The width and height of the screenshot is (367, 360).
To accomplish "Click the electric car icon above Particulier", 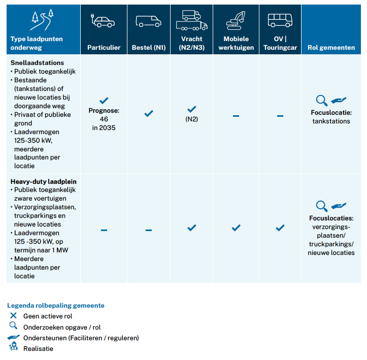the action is (103, 21).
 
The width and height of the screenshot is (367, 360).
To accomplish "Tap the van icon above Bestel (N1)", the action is (148, 21).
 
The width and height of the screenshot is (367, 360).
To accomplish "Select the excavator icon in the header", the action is (236, 21).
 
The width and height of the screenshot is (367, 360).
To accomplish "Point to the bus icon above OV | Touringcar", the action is (280, 20).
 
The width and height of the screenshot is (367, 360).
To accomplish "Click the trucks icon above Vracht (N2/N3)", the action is (192, 20).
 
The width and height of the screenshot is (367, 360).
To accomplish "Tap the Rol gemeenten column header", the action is (331, 48).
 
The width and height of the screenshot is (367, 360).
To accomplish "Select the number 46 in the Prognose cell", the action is (104, 119).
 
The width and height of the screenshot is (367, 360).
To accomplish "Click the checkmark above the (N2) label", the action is (192, 109).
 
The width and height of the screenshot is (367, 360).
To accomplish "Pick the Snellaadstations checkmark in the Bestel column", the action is (149, 114).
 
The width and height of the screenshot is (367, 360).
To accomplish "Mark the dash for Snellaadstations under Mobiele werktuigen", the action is (236, 116).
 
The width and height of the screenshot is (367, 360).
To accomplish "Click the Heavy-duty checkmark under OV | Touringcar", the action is (280, 228).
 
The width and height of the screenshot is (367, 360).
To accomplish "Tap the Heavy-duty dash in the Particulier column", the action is (104, 231).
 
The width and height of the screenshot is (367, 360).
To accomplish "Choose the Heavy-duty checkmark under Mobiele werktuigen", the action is (236, 228).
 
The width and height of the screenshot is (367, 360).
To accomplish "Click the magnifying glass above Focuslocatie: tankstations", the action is (322, 101).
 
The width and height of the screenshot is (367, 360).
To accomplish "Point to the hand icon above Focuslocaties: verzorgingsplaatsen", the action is (339, 206).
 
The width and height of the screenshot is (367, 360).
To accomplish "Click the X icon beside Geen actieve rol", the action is (13, 315).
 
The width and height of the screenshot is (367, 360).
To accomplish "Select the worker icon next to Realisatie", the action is (14, 346).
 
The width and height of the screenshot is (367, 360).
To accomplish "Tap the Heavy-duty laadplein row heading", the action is (44, 182).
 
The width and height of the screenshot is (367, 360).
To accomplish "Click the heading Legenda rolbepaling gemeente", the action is (56, 306).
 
